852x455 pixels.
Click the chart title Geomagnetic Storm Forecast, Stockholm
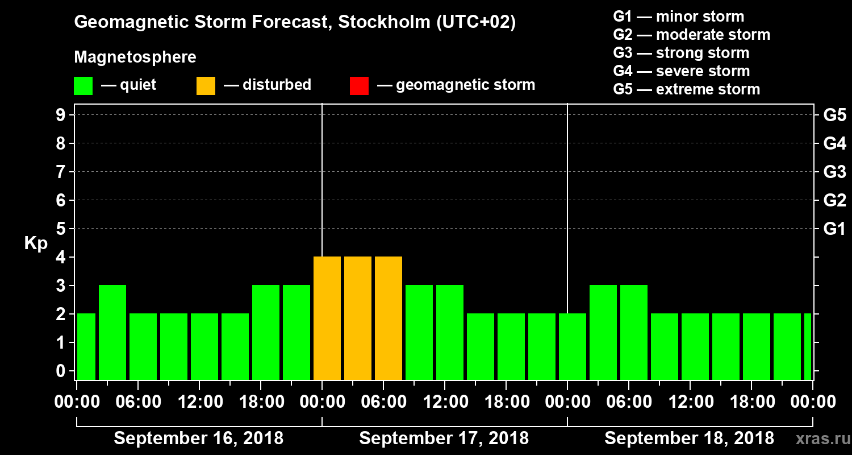coord(295,23)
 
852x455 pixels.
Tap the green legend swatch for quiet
coord(83,85)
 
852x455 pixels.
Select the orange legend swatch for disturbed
coord(206,85)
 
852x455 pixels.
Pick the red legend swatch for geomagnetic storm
coord(359,85)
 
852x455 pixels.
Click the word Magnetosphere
coord(135,57)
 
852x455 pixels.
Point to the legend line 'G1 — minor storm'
coord(678,16)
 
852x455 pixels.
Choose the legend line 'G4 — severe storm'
coord(681,71)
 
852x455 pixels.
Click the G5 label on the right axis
coord(834,115)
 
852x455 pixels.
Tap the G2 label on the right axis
coord(834,201)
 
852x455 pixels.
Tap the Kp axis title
coord(36,243)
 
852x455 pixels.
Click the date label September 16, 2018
coord(199,439)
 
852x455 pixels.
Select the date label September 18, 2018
coord(689,439)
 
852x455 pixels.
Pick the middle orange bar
coord(358,318)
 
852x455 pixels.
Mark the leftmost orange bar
coord(327,318)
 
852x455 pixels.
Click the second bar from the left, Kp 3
coord(112,332)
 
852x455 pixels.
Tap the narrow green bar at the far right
coord(808,346)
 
